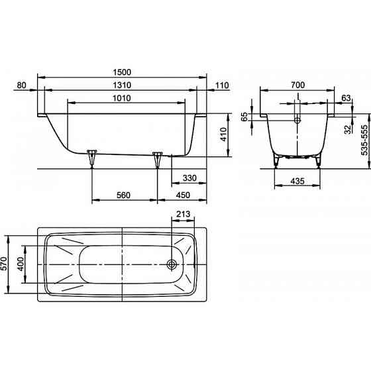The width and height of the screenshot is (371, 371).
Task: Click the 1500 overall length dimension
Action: [x=122, y=72]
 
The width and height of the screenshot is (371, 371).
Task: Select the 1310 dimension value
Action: [x=122, y=85]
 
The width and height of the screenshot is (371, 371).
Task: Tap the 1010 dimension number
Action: [x=122, y=98]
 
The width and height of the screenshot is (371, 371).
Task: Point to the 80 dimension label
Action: [x=21, y=85]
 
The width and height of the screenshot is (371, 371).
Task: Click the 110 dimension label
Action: [x=222, y=85]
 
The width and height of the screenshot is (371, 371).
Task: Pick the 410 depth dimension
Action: [x=223, y=134]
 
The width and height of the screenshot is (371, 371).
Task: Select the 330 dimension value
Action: [x=189, y=178]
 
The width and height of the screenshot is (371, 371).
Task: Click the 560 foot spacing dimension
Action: [x=123, y=195]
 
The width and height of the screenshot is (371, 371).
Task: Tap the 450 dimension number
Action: [x=183, y=195]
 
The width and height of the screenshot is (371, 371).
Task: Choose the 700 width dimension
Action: [x=298, y=85]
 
